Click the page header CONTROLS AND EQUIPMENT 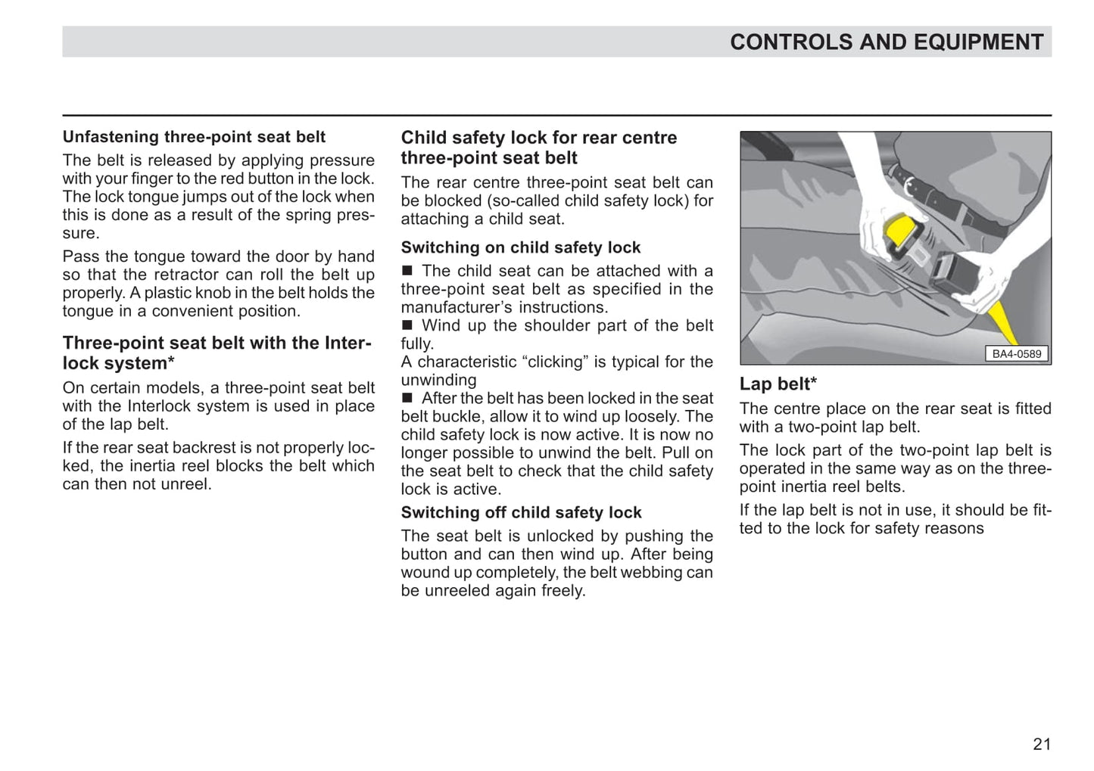click(886, 42)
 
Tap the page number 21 click(1042, 744)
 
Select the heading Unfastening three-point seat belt click(194, 137)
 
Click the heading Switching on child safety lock click(520, 247)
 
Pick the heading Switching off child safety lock click(521, 512)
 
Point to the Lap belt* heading click(778, 384)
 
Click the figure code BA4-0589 click(1016, 353)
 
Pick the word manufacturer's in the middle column click(457, 307)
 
